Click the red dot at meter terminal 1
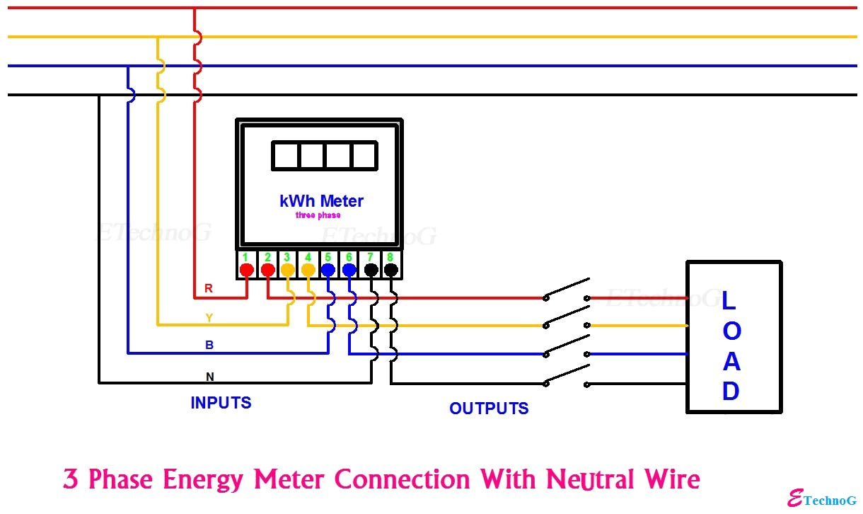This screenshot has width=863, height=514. (x=246, y=270)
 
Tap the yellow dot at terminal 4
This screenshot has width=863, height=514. (x=308, y=270)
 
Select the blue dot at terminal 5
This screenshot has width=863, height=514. (x=328, y=270)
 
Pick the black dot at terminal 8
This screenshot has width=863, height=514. (x=390, y=270)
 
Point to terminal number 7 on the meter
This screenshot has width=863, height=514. (x=369, y=257)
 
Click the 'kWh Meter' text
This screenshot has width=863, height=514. (x=321, y=201)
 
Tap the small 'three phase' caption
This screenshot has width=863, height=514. (x=318, y=215)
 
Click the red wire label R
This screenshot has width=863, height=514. (x=209, y=288)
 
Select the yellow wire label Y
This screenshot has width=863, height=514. (x=209, y=318)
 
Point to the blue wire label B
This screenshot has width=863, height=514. (x=209, y=345)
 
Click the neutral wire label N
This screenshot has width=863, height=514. (x=209, y=376)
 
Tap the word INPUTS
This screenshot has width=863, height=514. (x=221, y=403)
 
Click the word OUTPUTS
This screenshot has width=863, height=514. (x=489, y=409)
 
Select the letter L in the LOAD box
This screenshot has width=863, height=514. (x=729, y=300)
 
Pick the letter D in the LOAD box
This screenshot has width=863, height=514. (x=731, y=392)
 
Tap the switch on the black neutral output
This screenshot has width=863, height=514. (x=567, y=376)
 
